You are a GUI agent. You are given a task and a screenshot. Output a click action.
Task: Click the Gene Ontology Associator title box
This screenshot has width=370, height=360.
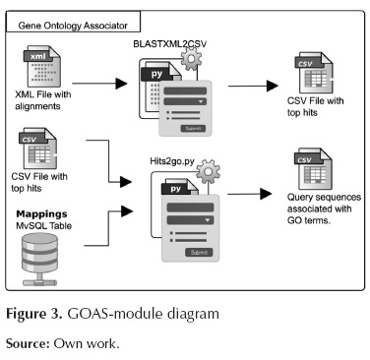[x=74, y=22]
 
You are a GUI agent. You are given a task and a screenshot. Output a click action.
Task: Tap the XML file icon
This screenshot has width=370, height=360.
[x=41, y=67]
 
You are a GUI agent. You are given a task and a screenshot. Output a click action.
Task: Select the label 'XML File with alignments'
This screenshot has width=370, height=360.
[x=43, y=100]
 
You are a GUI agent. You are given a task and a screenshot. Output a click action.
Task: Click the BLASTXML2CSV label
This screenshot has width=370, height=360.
[x=170, y=44]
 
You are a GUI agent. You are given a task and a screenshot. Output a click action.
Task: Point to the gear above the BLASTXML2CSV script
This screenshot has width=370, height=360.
[x=191, y=59]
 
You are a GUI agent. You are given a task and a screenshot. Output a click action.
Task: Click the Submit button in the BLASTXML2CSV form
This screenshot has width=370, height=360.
[x=193, y=129]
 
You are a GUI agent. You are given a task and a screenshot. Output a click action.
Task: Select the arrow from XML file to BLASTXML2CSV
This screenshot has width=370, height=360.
[x=99, y=84]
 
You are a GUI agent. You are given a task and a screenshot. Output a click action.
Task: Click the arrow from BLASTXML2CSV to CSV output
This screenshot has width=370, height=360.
[x=253, y=87]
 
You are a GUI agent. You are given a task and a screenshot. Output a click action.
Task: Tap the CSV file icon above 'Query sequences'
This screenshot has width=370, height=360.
[x=313, y=169]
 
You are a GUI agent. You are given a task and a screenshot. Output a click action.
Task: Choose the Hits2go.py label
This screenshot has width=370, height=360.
[x=172, y=161]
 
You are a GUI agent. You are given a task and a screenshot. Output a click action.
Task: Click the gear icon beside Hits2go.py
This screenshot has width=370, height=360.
[x=209, y=171]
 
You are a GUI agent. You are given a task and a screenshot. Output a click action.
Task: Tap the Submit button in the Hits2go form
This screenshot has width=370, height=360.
[x=199, y=253]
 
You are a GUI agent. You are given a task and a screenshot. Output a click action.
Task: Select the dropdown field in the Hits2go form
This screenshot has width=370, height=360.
[x=190, y=220]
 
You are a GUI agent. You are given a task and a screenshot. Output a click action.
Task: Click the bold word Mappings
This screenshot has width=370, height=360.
[x=41, y=214]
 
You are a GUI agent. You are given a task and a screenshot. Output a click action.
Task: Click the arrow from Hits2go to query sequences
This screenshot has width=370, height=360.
[x=250, y=194]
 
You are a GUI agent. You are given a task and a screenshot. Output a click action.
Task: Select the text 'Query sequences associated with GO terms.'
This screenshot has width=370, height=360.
[x=324, y=209]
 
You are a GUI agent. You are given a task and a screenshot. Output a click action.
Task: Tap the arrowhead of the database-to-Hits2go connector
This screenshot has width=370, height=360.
[x=127, y=211]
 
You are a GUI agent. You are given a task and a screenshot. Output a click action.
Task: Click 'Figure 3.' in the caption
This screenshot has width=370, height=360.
[x=34, y=314]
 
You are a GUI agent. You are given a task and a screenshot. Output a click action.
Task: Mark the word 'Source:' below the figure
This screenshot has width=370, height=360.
[x=28, y=343]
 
